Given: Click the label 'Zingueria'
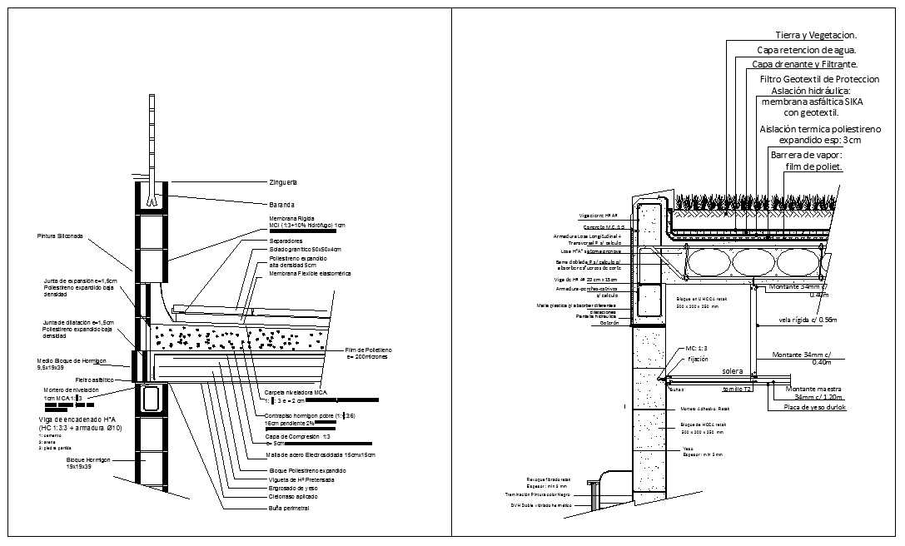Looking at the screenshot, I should tap(283, 181).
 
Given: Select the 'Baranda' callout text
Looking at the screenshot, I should tap(281, 204).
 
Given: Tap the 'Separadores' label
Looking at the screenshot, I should tap(286, 241).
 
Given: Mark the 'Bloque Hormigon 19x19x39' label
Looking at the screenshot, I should tap(91, 463).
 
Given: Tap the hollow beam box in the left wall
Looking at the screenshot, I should tap(151, 399).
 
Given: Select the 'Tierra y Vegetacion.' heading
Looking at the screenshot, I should tap(815, 35).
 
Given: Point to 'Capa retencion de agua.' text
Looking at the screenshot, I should tap(806, 49).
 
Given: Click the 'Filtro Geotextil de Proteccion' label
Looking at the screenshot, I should tap(819, 78).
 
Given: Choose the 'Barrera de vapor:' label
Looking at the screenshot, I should tap(807, 155).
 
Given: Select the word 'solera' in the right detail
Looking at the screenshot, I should tap(733, 370).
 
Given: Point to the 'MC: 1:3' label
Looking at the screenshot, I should tap(697, 348).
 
